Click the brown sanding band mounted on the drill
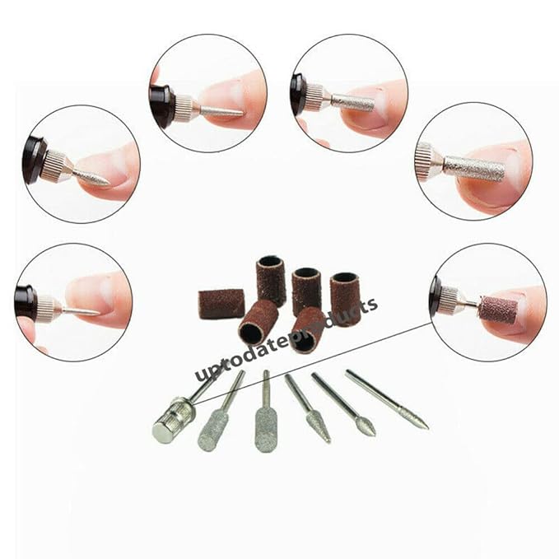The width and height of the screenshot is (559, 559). pos(497,309)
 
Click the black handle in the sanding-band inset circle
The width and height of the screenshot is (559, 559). pos(436,300)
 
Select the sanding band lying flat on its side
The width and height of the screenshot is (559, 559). pos(221,302)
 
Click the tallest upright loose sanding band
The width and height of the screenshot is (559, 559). pos(271,281)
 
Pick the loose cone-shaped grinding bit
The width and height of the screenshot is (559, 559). pos(308,408)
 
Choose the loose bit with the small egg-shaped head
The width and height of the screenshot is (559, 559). pos(344,404)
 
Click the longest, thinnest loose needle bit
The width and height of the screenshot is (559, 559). pos(387,399)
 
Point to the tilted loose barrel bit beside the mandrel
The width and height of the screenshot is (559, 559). pos(218,412)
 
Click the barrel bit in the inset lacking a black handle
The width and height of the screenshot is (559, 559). pos(475,169)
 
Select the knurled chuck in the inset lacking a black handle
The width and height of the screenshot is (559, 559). pos(426,161)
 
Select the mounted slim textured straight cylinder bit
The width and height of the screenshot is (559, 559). pos(352,102)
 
